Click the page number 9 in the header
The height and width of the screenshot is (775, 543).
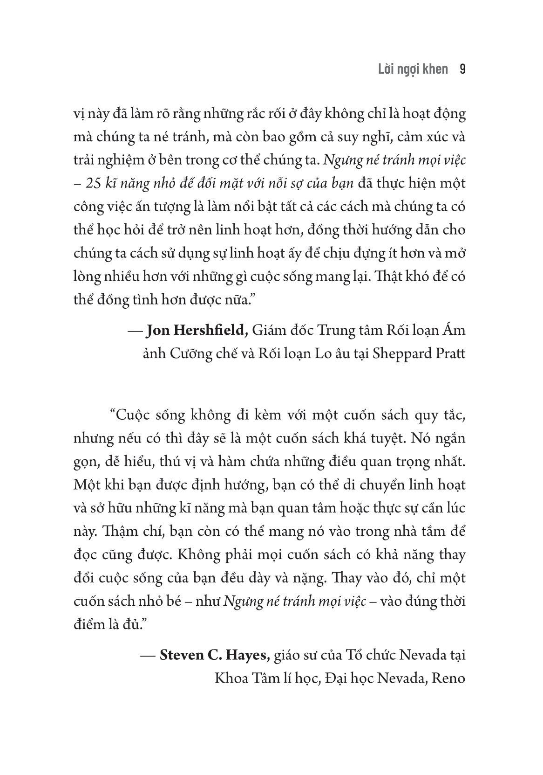coord(462,69)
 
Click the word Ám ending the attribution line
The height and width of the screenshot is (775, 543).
coord(457,331)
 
